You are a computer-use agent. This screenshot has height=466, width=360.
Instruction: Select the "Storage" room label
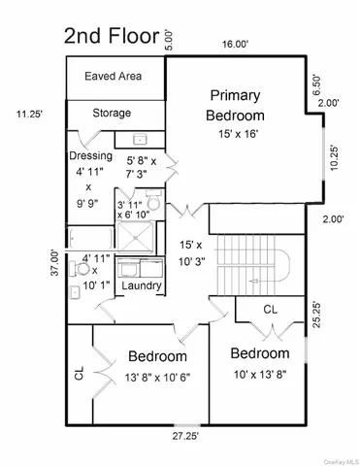112,114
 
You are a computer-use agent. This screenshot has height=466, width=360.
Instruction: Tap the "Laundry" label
143,285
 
